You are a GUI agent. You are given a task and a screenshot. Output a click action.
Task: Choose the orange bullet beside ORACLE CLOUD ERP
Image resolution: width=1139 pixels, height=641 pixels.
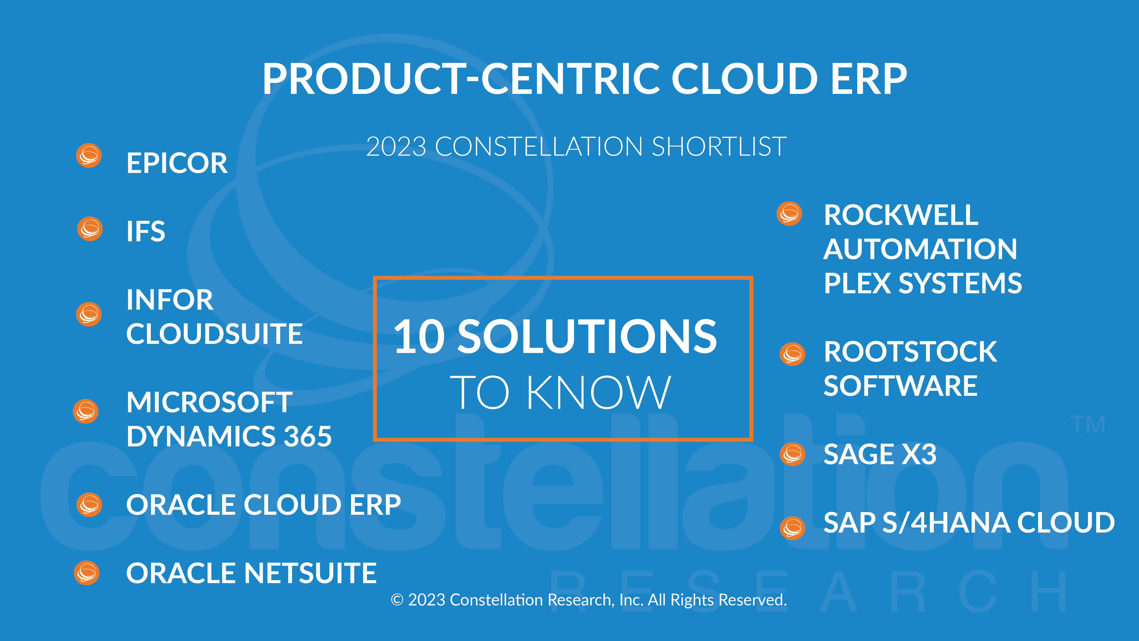[89, 505]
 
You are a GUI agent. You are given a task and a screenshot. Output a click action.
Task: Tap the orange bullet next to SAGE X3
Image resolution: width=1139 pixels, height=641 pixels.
[793, 454]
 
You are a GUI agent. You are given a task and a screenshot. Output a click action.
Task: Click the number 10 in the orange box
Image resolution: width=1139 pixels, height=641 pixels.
[419, 337]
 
